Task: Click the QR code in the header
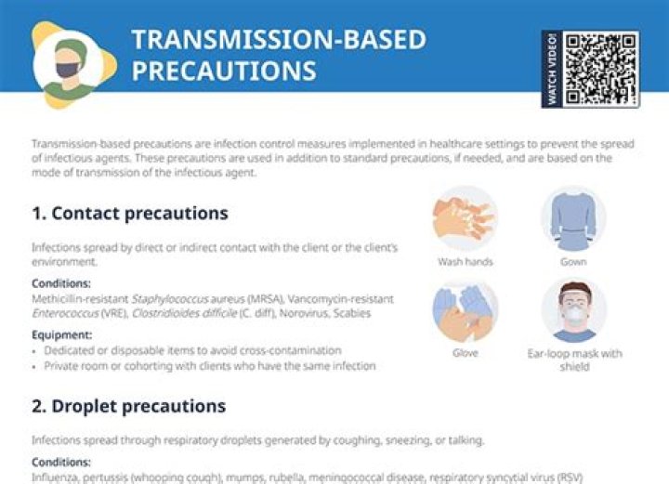[x=601, y=69]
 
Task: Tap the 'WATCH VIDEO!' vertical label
[x=552, y=69]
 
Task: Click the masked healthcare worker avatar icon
[x=67, y=63]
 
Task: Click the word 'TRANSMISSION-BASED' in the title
[x=278, y=39]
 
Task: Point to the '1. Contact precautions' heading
[x=129, y=214]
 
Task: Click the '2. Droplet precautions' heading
[x=128, y=407]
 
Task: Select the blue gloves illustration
[x=465, y=310]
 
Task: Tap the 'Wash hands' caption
[x=465, y=262]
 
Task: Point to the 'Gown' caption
[x=572, y=262]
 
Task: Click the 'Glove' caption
[x=465, y=354]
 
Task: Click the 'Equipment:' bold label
[x=61, y=335]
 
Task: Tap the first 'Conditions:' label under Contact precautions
[x=61, y=283]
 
